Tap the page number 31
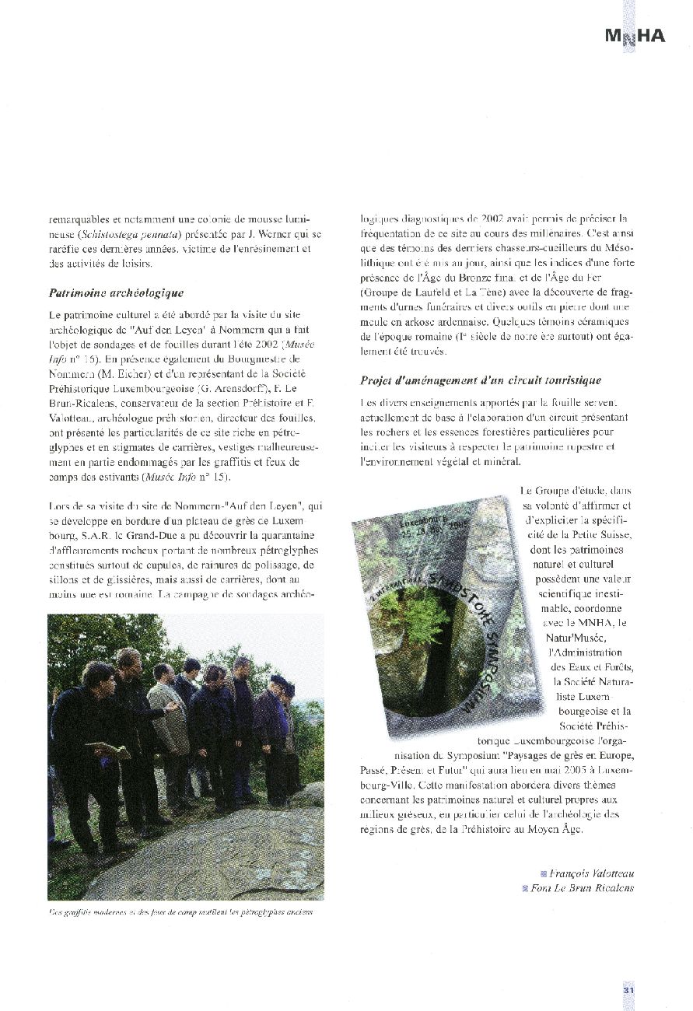pos(629,990)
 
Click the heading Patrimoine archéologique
pos(116,293)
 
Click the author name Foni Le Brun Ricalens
pos(582,888)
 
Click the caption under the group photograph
pos(180,912)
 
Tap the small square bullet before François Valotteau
pos(543,873)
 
